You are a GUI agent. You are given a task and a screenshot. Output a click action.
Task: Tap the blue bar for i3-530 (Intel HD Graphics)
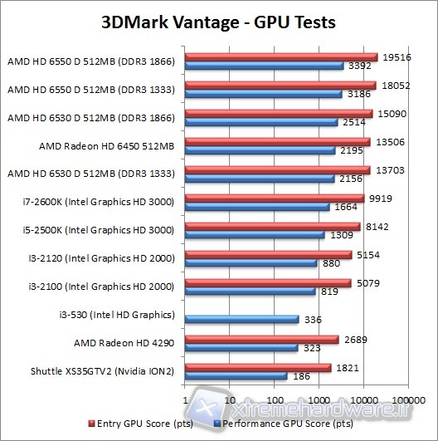click(242, 319)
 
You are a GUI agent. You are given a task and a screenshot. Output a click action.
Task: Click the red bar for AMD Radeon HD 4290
click(261, 340)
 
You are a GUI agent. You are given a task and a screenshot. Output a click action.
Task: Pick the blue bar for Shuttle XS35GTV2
click(236, 376)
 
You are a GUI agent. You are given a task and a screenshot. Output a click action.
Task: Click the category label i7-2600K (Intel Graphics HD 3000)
click(97, 201)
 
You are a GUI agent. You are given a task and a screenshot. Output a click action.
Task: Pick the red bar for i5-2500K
click(272, 227)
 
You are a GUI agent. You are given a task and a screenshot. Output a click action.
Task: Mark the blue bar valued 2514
click(261, 122)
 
